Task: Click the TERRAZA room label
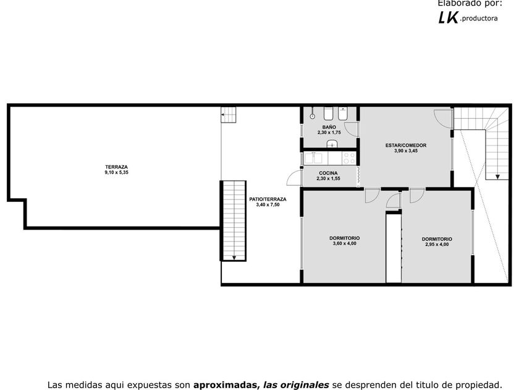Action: click(x=117, y=167)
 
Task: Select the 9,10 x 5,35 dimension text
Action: click(x=117, y=173)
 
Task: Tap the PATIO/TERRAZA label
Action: click(x=268, y=199)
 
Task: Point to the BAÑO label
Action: click(x=329, y=127)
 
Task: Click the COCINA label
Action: click(x=328, y=173)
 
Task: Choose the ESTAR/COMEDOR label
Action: click(x=406, y=145)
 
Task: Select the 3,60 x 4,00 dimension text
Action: click(x=345, y=243)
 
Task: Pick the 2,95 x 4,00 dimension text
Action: click(x=437, y=245)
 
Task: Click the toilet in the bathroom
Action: click(x=328, y=114)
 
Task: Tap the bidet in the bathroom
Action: click(x=342, y=114)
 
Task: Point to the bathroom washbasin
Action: click(x=332, y=144)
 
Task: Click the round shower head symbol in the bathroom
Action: click(x=312, y=116)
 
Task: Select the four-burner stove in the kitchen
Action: click(x=349, y=158)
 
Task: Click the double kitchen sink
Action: click(x=313, y=158)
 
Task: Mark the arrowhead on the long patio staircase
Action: click(x=234, y=258)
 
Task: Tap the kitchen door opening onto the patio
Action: click(x=294, y=178)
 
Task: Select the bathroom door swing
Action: click(x=351, y=129)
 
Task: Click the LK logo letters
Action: click(x=449, y=17)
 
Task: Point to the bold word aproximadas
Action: click(x=226, y=385)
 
